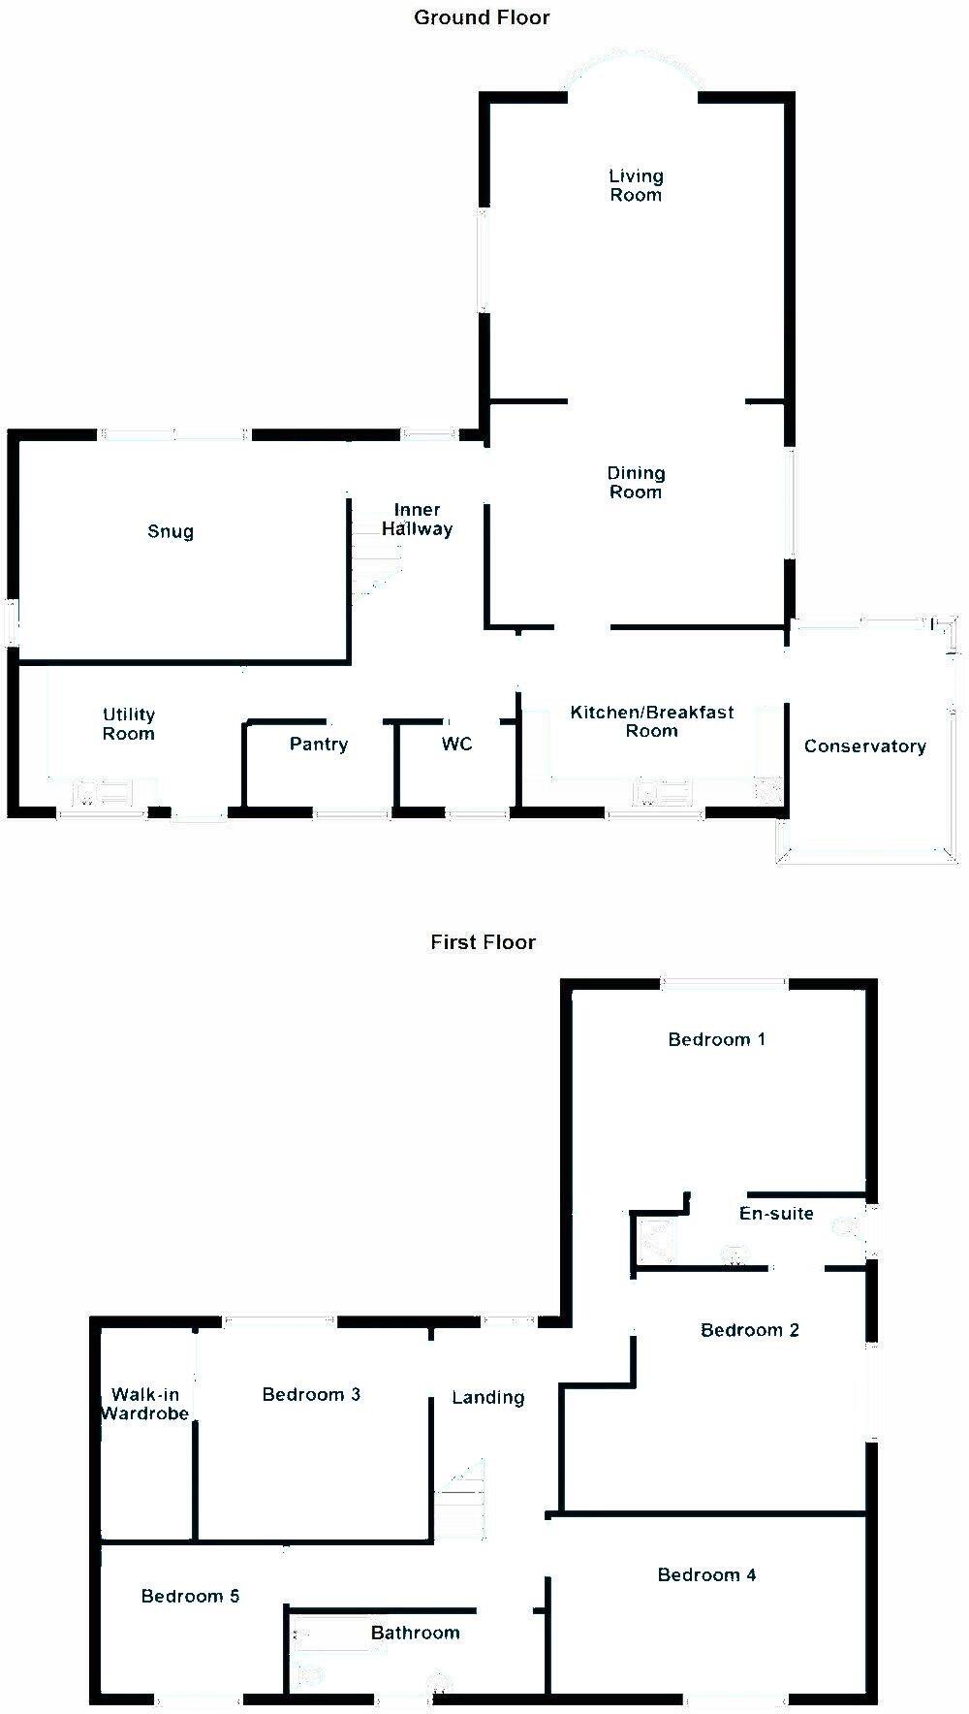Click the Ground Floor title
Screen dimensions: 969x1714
point(482,17)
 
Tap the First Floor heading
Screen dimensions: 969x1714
point(483,942)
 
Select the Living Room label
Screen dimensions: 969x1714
point(636,185)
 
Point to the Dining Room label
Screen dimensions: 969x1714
point(636,483)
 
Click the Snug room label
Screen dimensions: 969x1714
point(171,532)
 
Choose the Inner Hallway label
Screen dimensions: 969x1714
point(417,520)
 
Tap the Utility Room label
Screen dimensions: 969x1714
point(129,724)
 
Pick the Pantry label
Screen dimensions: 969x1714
point(319,745)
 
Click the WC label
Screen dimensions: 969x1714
point(457,744)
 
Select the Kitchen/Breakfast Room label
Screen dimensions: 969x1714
point(652,721)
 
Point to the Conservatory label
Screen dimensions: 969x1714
point(865,746)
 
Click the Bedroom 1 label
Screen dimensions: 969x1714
point(717,1040)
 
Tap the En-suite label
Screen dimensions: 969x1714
point(776,1214)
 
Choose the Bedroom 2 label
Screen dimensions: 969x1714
point(750,1330)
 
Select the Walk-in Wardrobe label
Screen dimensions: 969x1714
point(144,1404)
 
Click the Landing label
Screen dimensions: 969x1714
point(488,1398)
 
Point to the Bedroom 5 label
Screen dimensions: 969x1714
point(190,1597)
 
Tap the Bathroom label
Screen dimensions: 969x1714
point(416,1634)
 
